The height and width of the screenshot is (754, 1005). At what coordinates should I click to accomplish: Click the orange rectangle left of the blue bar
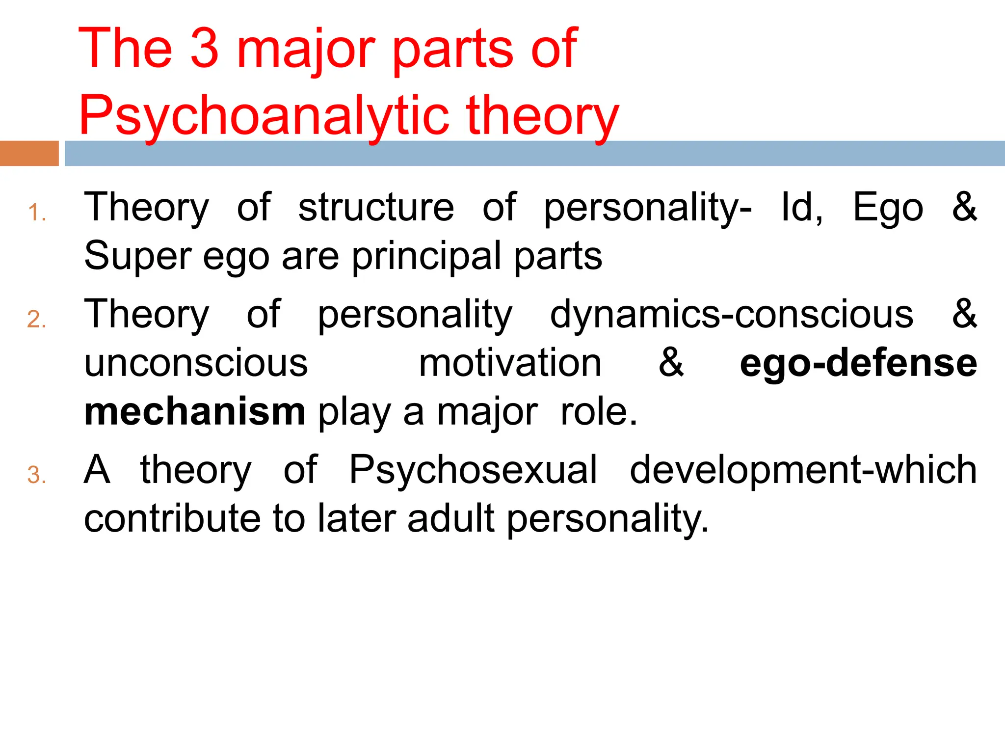point(29,153)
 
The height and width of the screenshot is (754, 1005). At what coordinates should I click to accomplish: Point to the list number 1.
point(36,213)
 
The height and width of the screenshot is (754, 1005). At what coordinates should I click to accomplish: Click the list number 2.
point(36,320)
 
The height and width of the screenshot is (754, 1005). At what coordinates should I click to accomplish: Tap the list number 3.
point(36,475)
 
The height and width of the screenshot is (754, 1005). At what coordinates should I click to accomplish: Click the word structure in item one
point(376,207)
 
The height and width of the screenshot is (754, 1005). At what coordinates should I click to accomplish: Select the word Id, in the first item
point(802,207)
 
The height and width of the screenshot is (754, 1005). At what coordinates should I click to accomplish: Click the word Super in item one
point(137,256)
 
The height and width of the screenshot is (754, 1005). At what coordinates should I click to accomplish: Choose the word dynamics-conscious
point(731,314)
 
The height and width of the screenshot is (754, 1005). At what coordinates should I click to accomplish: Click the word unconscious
point(196,363)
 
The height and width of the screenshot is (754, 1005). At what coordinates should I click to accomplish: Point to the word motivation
point(510,363)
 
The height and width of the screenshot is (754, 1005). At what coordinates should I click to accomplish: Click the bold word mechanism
point(195,411)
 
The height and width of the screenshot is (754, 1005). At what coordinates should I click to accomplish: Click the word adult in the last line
point(450,518)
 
